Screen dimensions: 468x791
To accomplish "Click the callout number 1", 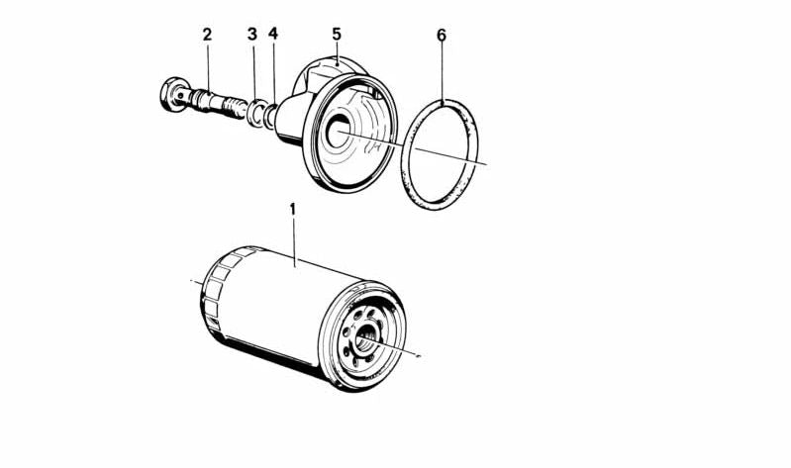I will coord(292,210).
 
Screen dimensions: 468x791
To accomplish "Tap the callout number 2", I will coord(207,35).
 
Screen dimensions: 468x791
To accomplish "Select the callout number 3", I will coord(252,35).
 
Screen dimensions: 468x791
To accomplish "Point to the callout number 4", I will coord(273,33).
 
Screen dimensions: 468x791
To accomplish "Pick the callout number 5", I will coord(337,35).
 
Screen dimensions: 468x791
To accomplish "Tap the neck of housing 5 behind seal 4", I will coord(289,117).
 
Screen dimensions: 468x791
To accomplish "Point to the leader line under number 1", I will coord(294,241).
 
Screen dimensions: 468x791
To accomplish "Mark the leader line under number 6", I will coord(443,69).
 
